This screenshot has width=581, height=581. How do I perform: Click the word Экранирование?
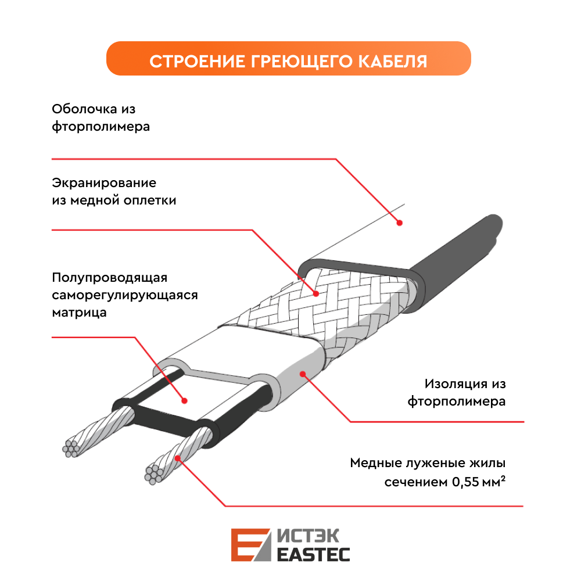coord(104,182)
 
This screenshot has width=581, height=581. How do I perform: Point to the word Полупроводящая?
coord(110,278)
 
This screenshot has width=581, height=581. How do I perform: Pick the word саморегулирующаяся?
coord(125,295)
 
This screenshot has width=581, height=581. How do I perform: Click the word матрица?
coord(79,313)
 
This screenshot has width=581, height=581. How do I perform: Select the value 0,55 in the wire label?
coord(465,482)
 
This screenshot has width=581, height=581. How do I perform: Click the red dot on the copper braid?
coord(316,294)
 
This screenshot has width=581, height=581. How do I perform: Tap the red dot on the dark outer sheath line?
coord(400,223)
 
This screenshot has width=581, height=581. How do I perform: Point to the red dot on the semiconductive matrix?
coord(185,400)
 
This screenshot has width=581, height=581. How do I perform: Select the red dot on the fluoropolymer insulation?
coord(303,374)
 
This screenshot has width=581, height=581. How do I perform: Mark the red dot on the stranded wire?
coord(178,458)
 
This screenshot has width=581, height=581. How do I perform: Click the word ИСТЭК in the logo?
coord(309,536)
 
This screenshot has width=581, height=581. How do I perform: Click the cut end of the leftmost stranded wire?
coord(71,449)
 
